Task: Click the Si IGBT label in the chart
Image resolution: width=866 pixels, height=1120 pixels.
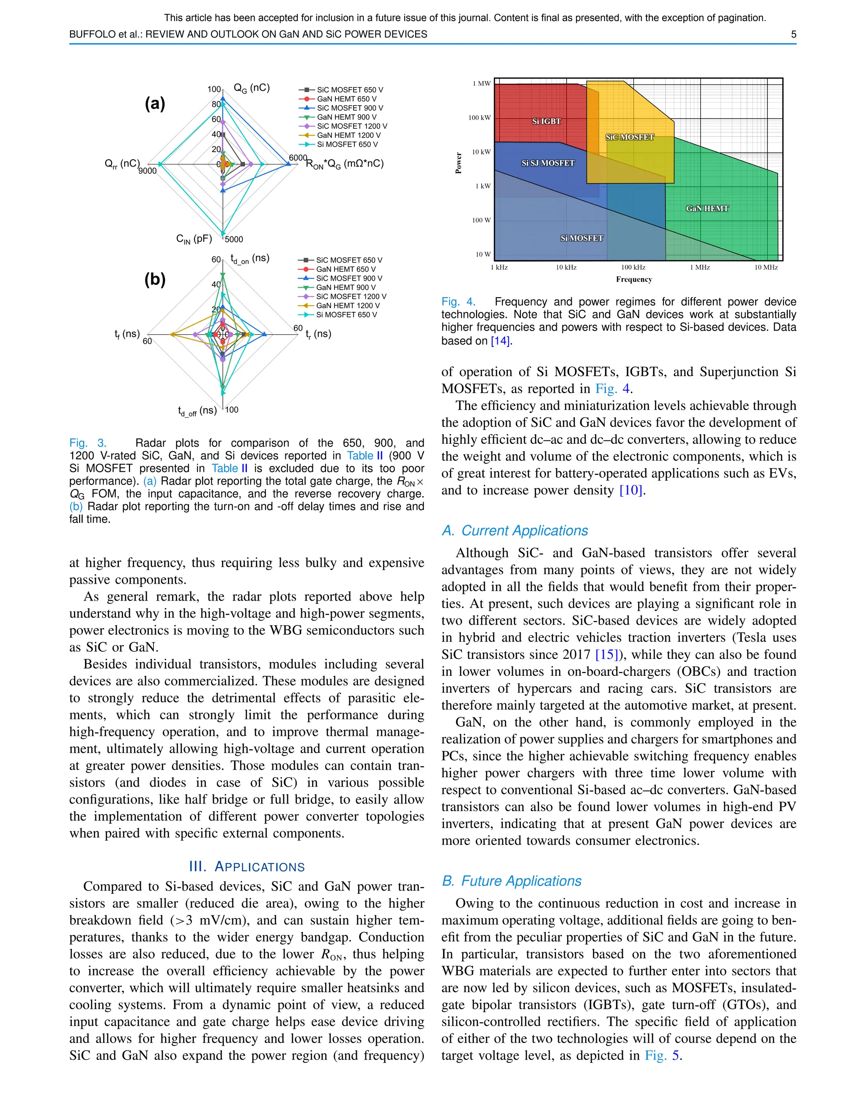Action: click(546, 122)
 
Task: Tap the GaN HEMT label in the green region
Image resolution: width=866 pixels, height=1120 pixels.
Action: click(707, 208)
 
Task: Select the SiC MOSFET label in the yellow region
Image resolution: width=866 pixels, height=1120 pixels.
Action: click(630, 137)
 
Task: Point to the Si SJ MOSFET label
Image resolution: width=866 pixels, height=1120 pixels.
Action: click(548, 163)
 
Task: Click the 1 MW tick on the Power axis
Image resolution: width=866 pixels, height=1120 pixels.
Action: click(481, 84)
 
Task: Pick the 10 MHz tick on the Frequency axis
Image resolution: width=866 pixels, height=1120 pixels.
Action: click(765, 267)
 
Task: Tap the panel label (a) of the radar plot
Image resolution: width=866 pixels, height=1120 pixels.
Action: click(155, 104)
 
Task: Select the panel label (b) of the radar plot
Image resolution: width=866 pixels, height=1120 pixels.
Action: click(155, 279)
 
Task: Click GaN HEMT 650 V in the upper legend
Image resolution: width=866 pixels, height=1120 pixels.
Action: click(346, 99)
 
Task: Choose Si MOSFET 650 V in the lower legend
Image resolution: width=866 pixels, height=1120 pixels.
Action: click(346, 315)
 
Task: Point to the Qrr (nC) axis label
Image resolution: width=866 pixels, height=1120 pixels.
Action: click(122, 164)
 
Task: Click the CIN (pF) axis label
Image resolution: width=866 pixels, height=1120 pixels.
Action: click(194, 239)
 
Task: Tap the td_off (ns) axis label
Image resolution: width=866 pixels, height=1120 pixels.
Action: click(197, 411)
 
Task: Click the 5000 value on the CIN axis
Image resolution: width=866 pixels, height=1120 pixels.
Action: click(234, 240)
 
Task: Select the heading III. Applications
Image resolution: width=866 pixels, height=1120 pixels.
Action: click(247, 867)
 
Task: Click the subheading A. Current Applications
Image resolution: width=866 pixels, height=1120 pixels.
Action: click(515, 531)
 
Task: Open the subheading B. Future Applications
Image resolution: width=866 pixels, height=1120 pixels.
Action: click(512, 881)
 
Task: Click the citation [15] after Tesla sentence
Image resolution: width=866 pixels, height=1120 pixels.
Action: click(606, 655)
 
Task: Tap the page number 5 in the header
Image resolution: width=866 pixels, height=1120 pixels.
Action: click(793, 34)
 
